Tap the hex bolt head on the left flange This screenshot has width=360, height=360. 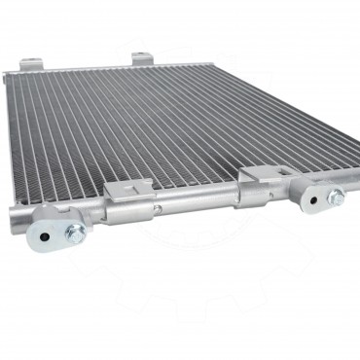pos(73,234)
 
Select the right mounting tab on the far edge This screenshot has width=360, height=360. pos(142,58)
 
